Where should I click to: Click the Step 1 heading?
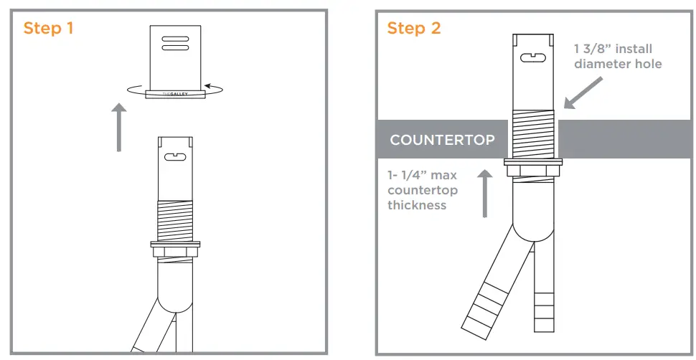49,29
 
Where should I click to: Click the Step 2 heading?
414,29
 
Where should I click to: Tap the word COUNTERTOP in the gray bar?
442,140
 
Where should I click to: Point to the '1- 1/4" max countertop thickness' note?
422,190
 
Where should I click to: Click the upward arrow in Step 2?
485,192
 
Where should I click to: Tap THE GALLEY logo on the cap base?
174,93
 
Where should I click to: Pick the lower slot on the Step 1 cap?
175,48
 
